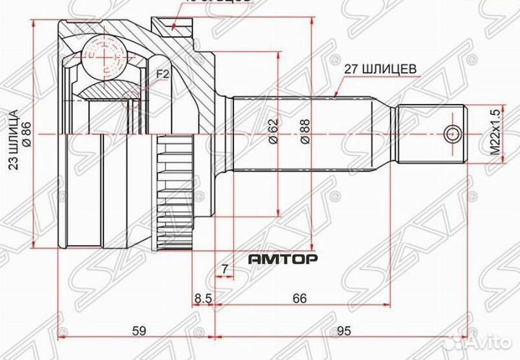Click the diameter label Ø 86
click(27, 134)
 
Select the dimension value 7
click(225, 270)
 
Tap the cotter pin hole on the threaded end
click(453, 134)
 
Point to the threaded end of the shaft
click(430, 134)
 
